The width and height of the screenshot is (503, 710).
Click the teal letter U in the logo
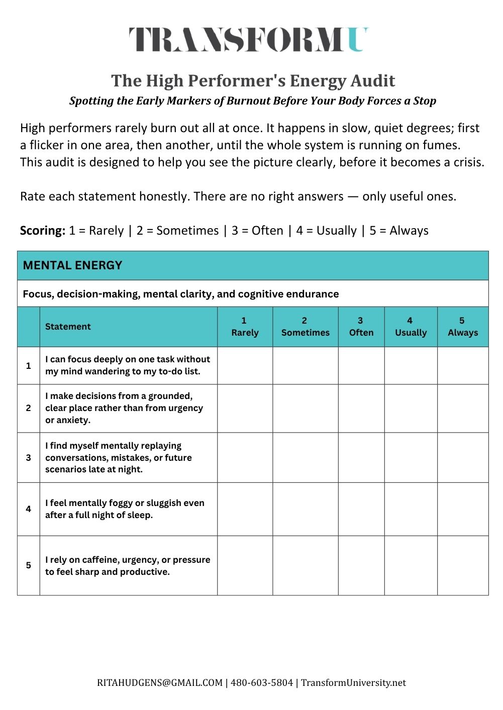point(357,40)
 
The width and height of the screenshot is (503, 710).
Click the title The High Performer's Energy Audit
point(253,80)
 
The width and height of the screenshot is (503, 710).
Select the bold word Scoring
point(43,231)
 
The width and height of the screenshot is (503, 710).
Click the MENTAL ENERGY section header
point(73,265)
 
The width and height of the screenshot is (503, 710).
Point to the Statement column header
point(68,327)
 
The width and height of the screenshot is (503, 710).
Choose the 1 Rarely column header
point(245,327)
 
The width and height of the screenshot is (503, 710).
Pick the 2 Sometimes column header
point(305,327)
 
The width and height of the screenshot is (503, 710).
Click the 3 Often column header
point(361,327)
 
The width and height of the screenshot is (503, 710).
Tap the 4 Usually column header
point(411,327)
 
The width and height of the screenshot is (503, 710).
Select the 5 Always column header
point(462,327)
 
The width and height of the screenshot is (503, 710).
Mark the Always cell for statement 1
point(462,365)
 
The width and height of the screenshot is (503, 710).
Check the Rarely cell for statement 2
point(245,408)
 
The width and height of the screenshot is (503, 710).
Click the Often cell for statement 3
point(361,457)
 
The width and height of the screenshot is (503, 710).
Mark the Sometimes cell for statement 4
point(305,509)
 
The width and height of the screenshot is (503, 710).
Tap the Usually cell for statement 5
point(411,565)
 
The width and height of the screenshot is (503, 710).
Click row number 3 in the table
point(29,458)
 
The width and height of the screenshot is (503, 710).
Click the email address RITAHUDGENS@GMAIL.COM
point(160,683)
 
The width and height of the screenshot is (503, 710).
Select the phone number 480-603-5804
point(262,683)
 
